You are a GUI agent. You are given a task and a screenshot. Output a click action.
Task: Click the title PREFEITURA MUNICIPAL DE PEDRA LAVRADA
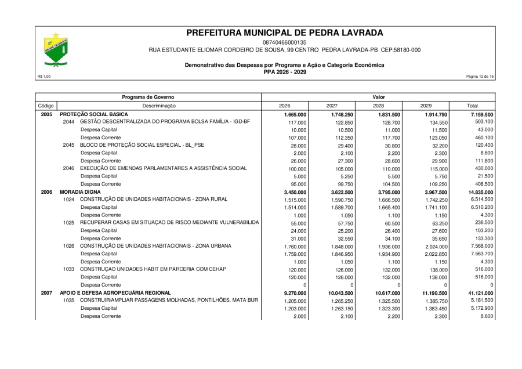tap(285, 32)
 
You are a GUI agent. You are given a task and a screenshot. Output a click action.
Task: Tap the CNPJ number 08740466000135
tap(285, 42)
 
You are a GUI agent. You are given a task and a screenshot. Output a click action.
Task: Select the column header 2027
tap(332, 106)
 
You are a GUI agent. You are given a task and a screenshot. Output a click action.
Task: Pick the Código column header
tap(46, 106)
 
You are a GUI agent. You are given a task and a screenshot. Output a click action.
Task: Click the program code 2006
tap(46, 191)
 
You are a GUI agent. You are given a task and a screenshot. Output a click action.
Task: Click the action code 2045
tap(69, 144)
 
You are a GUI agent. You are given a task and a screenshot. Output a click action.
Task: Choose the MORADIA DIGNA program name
tap(81, 191)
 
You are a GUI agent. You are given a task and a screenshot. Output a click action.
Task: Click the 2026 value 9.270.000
tap(295, 294)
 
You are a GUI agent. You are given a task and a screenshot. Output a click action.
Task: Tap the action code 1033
tap(69, 269)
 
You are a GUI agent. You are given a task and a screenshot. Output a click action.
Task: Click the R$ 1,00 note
tap(44, 77)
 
